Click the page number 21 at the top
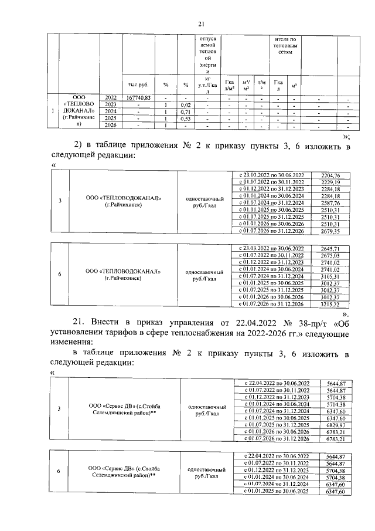click(x=200, y=23)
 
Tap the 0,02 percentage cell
click(x=185, y=104)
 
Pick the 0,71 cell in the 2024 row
click(x=185, y=111)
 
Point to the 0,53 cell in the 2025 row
click(x=185, y=118)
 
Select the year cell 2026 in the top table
click(x=110, y=125)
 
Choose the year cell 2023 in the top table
click(x=110, y=104)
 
